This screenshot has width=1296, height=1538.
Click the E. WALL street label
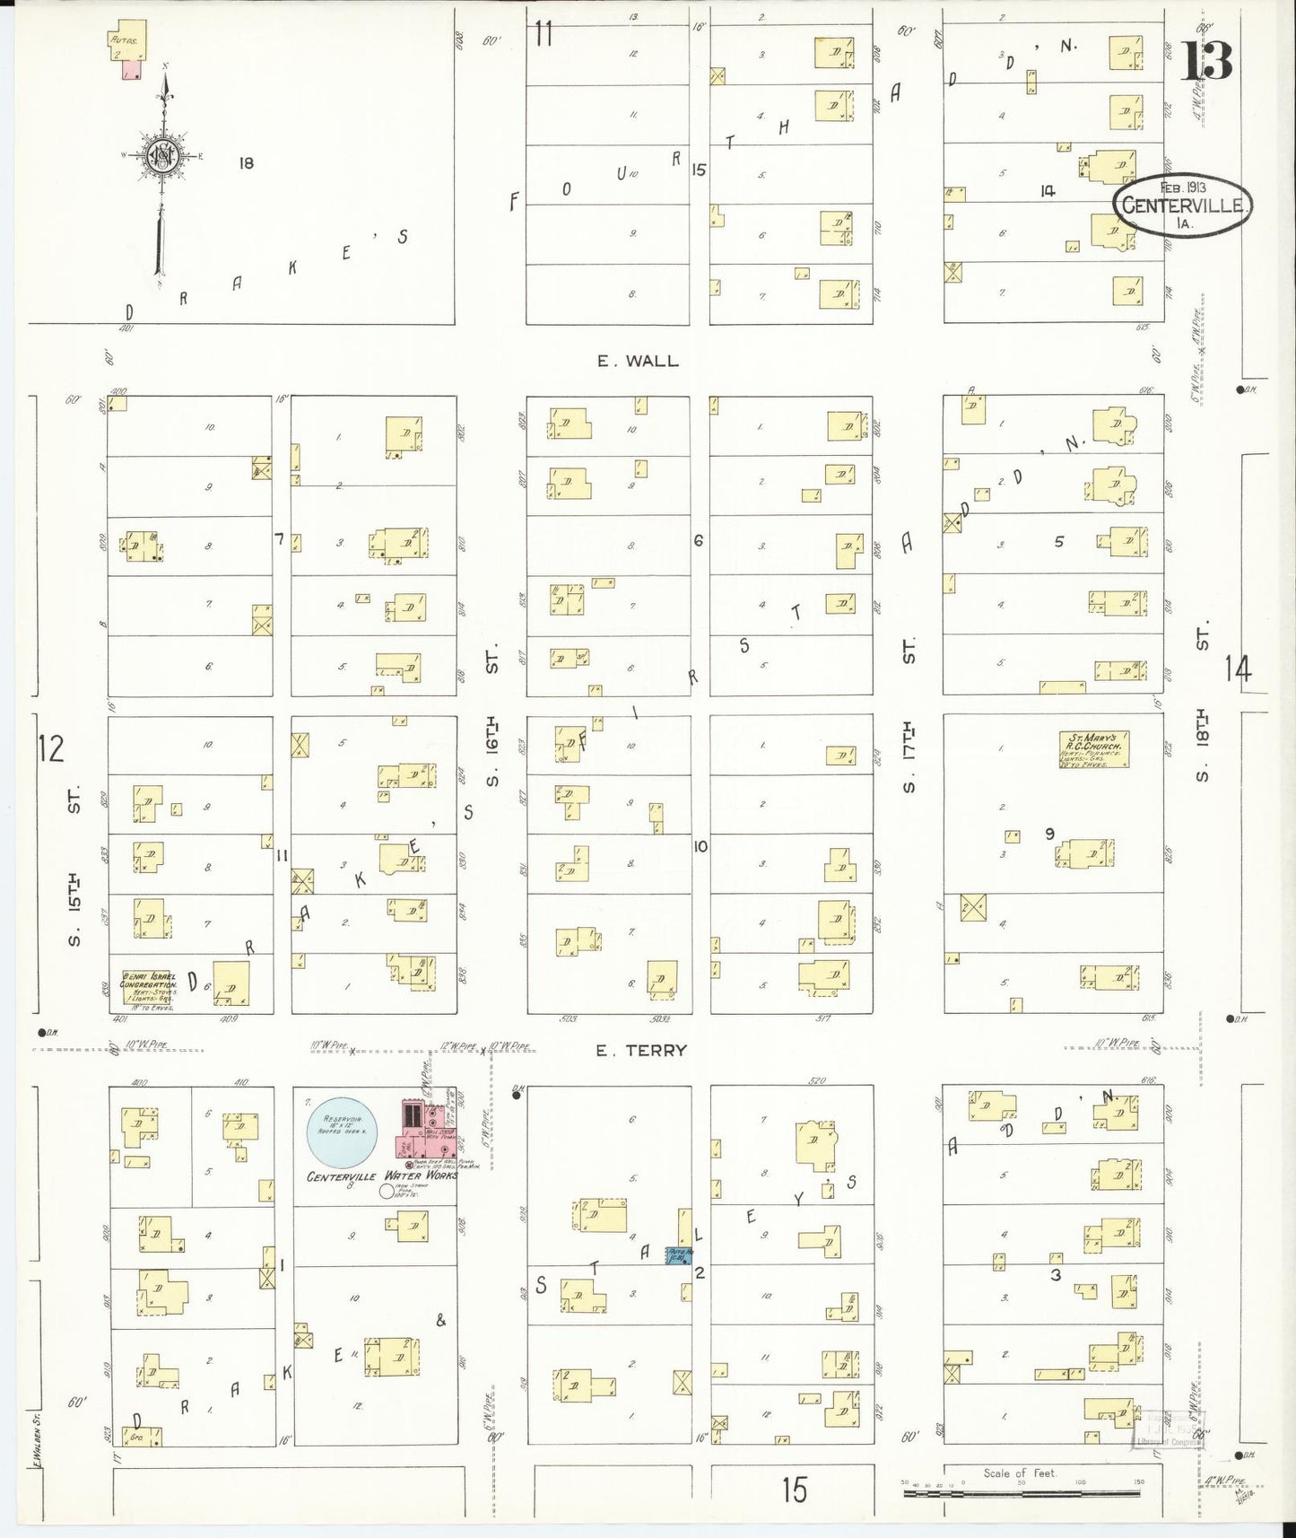pyautogui.click(x=638, y=361)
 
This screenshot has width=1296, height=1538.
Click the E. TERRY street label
pyautogui.click(x=643, y=1050)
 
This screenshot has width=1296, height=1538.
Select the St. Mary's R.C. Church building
pyautogui.click(x=1093, y=749)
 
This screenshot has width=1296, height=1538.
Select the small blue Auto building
pyautogui.click(x=679, y=1256)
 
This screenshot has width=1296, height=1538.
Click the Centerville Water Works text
pyautogui.click(x=382, y=1175)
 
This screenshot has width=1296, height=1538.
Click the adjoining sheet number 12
pyautogui.click(x=51, y=747)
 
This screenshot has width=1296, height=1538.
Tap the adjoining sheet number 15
pyautogui.click(x=793, y=1490)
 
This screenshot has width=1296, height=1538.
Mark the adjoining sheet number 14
pyautogui.click(x=1238, y=669)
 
